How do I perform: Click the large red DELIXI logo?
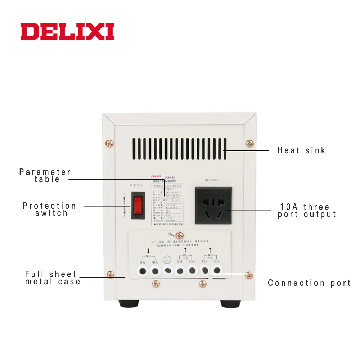tap(67, 31)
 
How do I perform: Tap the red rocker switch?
tap(136, 206)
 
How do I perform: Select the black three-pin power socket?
tap(213, 205)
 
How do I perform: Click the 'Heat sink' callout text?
tap(301, 150)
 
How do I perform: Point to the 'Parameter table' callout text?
tap(45, 176)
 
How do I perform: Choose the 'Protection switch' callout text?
tap(50, 210)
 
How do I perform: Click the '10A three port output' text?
tap(307, 211)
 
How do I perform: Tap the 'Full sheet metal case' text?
tap(53, 278)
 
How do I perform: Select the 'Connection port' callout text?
tap(309, 283)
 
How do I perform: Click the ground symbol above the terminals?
tap(167, 258)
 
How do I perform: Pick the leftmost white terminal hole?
tap(143, 271)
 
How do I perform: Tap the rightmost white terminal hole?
tap(217, 271)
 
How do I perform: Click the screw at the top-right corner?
tap(249, 143)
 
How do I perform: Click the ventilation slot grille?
tap(179, 149)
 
